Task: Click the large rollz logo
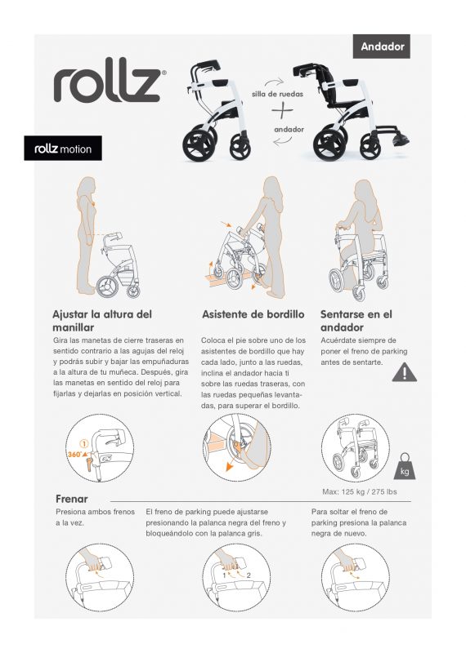(110, 84)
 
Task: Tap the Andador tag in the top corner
(383, 47)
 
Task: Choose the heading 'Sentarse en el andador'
(356, 321)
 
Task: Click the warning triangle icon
(404, 372)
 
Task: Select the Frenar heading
(72, 499)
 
